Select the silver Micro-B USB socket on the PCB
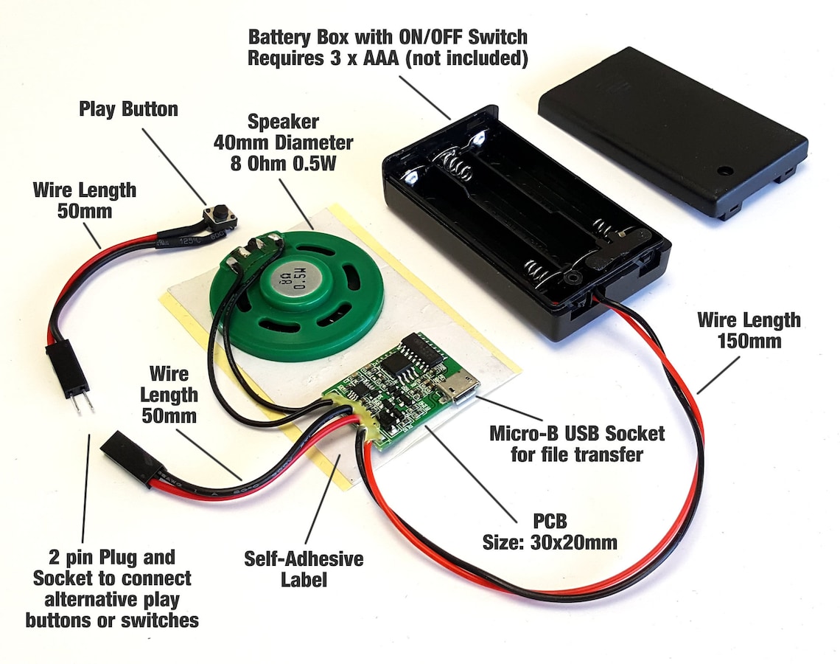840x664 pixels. tap(458, 389)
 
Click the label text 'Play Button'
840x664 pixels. tap(128, 110)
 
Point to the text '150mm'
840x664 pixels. tap(748, 341)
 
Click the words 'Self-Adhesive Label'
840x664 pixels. tap(303, 568)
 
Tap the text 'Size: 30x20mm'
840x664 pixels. tap(550, 542)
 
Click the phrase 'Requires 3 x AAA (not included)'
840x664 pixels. tap(388, 59)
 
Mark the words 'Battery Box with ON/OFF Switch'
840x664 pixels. tap(388, 37)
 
